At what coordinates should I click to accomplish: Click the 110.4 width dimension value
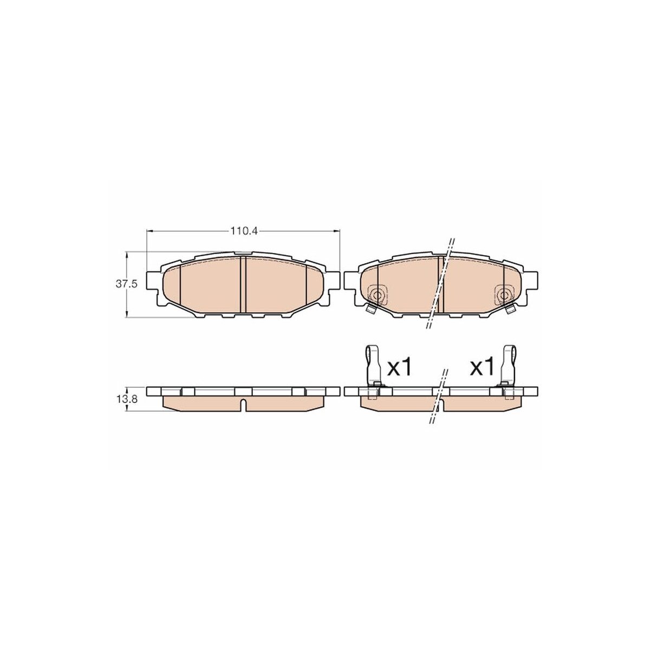coord(244,231)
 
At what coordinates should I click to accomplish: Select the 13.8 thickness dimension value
coord(127,400)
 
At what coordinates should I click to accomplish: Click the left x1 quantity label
coord(399,367)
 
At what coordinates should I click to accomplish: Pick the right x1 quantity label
coord(483,367)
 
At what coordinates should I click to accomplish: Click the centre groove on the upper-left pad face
coord(243,284)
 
